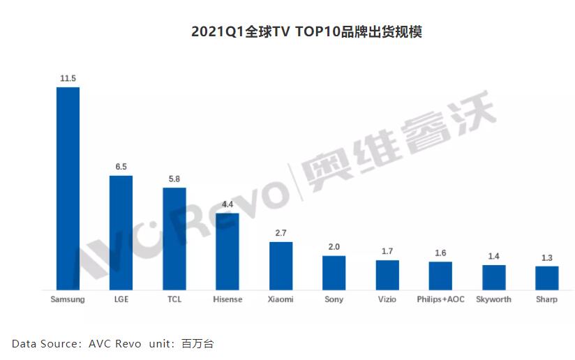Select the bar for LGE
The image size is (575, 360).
pyautogui.click(x=121, y=232)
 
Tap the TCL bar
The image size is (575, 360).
pyautogui.click(x=174, y=239)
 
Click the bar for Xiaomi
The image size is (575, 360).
pyautogui.click(x=281, y=266)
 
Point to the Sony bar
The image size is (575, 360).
pyautogui.click(x=334, y=273)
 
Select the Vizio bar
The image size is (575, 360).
pyautogui.click(x=387, y=275)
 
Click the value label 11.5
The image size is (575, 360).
pyautogui.click(x=68, y=79)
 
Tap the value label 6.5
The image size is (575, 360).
pyautogui.click(x=121, y=167)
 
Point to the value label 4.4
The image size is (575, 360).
pyautogui.click(x=227, y=204)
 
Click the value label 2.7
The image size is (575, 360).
pyautogui.click(x=281, y=234)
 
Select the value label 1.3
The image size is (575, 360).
pyautogui.click(x=547, y=258)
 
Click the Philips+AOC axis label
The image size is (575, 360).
pyautogui.click(x=440, y=299)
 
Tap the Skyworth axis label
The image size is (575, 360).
pyautogui.click(x=493, y=299)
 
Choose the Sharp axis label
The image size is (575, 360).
pyautogui.click(x=547, y=299)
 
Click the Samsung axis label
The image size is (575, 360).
pyautogui.click(x=68, y=299)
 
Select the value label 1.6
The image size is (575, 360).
pyautogui.click(x=440, y=253)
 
